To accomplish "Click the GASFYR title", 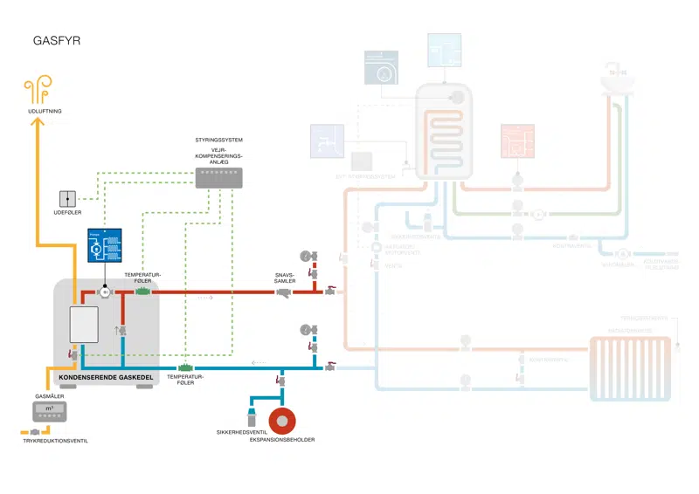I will [57, 40].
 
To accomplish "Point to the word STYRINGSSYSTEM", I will [218, 141].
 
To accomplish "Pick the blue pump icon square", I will [104, 248].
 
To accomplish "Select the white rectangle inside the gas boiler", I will [83, 326].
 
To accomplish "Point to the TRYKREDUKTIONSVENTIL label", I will [55, 441].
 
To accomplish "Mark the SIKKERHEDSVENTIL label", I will [240, 432].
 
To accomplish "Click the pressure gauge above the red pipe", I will [304, 256].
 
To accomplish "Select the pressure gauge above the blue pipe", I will [304, 329].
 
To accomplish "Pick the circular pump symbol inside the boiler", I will [104, 292].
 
